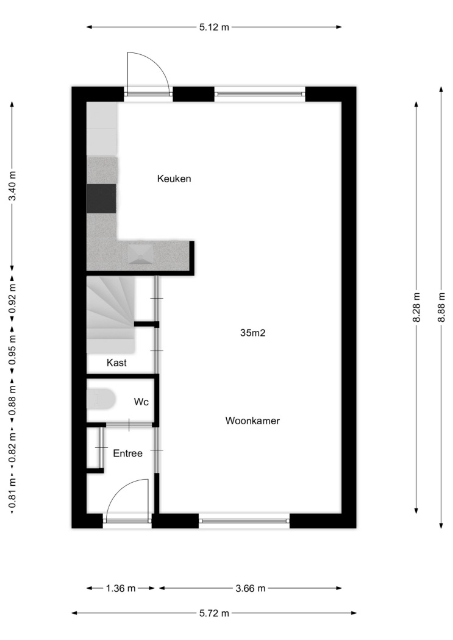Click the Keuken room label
pos(174,179)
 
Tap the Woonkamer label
pos(252,421)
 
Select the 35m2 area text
pos(252,333)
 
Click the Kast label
pos(116,363)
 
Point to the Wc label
pos(141,402)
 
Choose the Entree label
pos(128,453)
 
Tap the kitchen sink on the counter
pos(141,254)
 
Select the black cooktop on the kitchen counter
pos(101,198)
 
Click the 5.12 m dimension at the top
pos(214,27)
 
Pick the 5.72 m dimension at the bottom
pos(214,613)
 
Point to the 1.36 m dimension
pos(120,588)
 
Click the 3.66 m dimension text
pos(250,588)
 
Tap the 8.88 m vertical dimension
pos(441,307)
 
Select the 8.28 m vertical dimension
pos(416,307)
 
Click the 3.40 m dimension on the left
pos(13,186)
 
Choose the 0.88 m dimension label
pos(13,400)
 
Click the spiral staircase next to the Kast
pos(110,315)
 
